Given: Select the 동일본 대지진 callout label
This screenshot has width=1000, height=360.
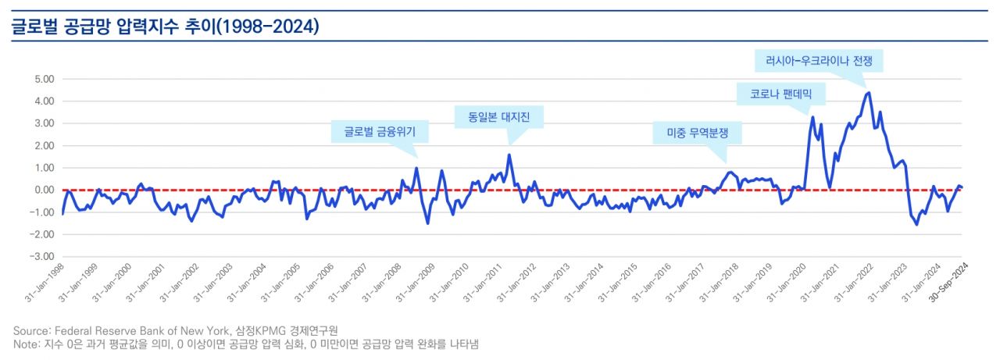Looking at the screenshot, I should coord(498,117).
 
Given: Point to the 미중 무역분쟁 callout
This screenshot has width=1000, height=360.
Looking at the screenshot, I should coord(697,134).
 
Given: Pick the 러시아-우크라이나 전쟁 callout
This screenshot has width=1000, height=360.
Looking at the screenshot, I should coord(818,60).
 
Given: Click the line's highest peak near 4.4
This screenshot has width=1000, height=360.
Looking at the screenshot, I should coord(869,92).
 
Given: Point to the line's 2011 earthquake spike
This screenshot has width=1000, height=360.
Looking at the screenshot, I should coord(509,155).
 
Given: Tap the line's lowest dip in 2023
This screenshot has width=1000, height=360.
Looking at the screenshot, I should coord(916,224).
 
